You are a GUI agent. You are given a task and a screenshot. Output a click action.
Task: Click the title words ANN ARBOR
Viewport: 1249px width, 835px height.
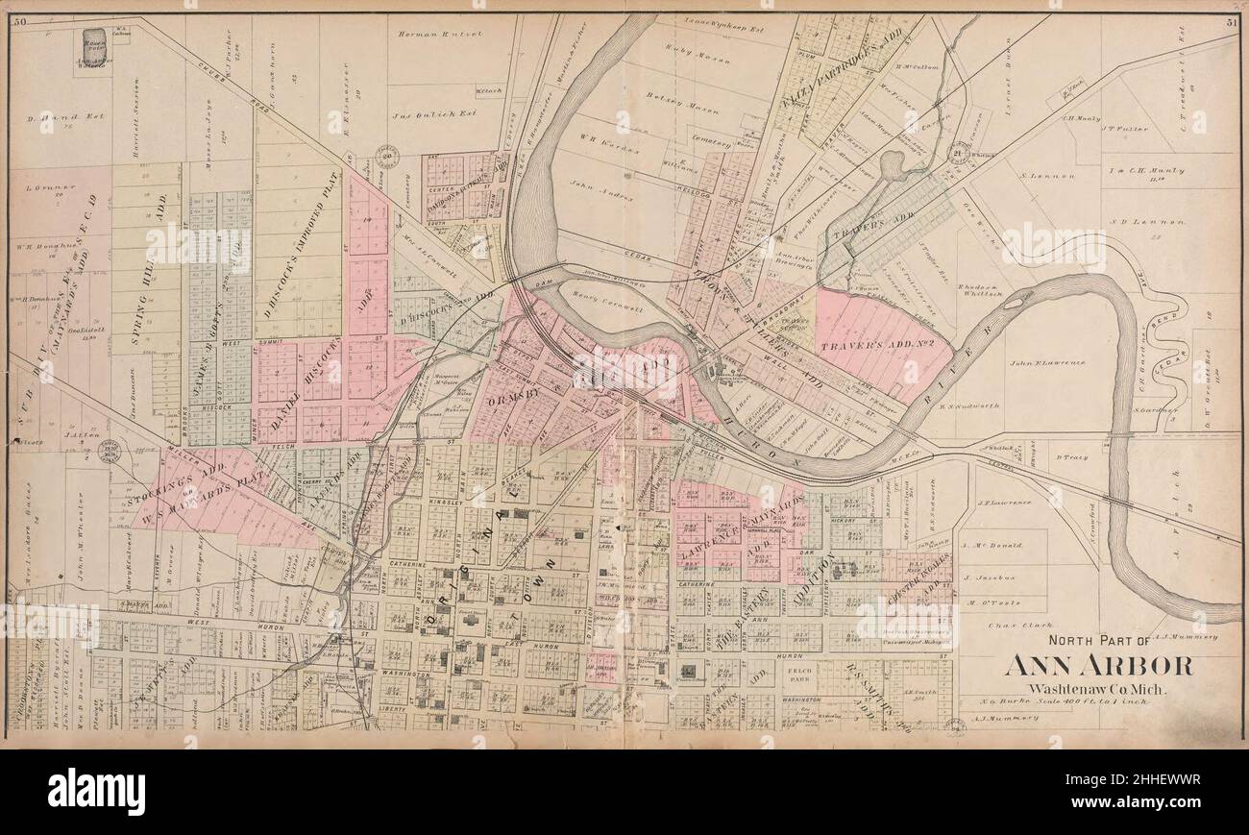tap(1100, 665)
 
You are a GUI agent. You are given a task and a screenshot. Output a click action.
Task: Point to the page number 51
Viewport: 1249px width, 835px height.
tap(1231, 21)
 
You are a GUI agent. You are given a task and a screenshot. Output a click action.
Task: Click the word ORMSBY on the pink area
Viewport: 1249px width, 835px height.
tap(517, 393)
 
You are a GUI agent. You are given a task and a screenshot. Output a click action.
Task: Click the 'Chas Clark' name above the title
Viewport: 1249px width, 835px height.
tap(1008, 624)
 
